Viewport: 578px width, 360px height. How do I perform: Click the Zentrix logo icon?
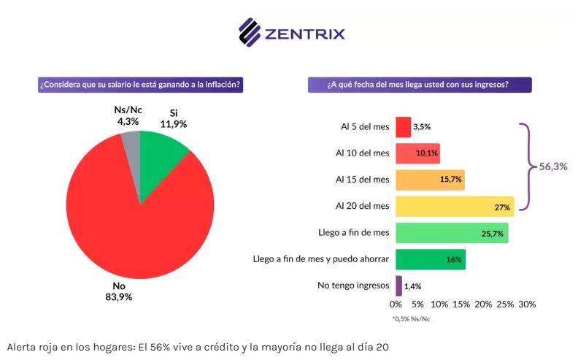point(250,31)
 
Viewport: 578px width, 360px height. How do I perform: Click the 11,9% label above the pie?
point(174,124)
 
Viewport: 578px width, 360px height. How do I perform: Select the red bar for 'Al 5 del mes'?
point(403,126)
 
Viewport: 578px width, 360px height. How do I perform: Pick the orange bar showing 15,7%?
point(430,180)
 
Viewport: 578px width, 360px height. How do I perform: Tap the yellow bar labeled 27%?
point(455,207)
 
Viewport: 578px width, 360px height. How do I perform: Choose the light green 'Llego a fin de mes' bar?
point(452,233)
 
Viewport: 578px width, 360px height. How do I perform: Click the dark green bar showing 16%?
point(431,259)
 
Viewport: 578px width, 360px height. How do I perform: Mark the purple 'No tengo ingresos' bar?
point(398,286)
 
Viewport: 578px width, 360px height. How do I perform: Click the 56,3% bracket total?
point(552,166)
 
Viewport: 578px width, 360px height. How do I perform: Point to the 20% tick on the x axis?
point(483,304)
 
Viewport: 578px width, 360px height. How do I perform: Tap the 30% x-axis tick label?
point(527,304)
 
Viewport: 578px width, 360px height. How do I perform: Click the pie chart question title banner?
point(141,85)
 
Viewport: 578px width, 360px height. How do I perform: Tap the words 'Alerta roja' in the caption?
point(31,346)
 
